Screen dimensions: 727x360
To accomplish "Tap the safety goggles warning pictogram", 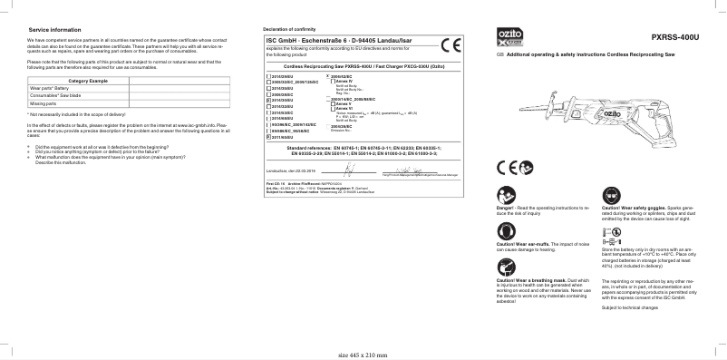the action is coord(608,196).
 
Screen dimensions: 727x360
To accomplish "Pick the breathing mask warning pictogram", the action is coord(503,268).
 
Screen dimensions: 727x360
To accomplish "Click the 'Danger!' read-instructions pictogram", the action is coord(503,196).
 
